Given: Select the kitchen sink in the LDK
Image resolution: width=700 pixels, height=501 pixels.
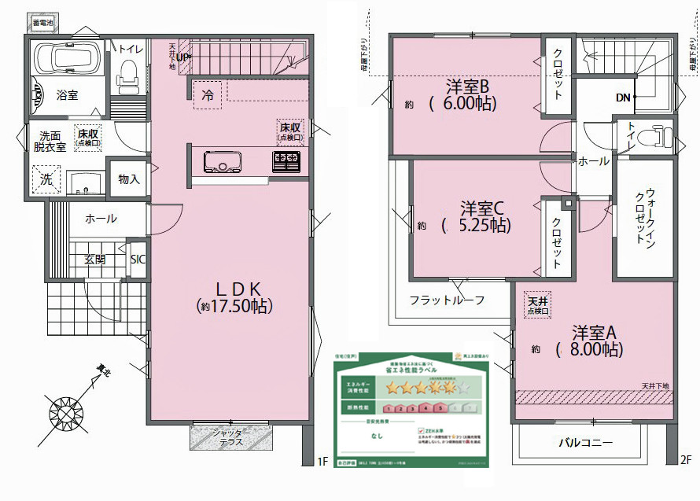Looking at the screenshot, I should click(224, 163).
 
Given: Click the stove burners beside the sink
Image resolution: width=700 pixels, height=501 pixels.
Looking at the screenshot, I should click(286, 163).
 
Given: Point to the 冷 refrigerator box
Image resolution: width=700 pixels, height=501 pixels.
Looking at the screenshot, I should click(208, 96).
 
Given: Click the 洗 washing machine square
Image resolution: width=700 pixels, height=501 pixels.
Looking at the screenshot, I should click(46, 180).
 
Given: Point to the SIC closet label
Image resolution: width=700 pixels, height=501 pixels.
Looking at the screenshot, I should click(137, 259).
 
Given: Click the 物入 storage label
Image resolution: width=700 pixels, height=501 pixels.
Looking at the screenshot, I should click(128, 179).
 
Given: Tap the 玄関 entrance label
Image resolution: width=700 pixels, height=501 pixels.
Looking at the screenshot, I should click(95, 260).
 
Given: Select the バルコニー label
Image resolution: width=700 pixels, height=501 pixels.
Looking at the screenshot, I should click(585, 443).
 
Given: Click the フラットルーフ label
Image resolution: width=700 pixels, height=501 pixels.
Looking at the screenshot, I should click(447, 300).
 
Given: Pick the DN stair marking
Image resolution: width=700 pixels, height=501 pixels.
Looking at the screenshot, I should click(623, 98).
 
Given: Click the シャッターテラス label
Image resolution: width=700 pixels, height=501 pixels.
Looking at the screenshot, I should click(231, 437).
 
